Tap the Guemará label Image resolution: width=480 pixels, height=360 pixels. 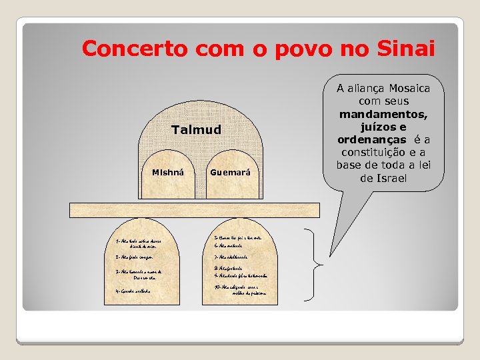tap(230, 173)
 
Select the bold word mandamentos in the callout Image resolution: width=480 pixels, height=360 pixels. tap(383, 114)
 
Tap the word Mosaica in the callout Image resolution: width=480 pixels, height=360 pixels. tap(407, 88)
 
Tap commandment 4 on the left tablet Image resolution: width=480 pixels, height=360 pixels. tap(133, 291)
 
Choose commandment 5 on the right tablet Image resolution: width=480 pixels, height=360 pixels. tap(237, 237)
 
